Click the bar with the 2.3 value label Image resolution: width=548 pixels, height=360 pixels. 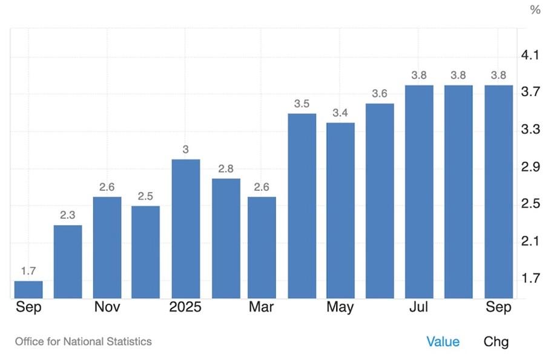click(x=68, y=262)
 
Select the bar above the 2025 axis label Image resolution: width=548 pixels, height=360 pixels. click(x=185, y=229)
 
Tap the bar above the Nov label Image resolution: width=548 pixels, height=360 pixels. click(x=107, y=247)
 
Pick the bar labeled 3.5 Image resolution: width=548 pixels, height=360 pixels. click(x=302, y=206)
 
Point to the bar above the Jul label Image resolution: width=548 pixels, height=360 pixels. click(x=419, y=192)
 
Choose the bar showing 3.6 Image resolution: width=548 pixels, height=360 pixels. click(x=380, y=201)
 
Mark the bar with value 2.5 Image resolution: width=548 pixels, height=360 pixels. click(x=146, y=252)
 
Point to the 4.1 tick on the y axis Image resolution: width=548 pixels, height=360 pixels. click(x=530, y=56)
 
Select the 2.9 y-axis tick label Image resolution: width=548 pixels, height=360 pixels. click(x=530, y=167)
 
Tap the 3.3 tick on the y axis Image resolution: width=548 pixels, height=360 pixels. click(x=530, y=130)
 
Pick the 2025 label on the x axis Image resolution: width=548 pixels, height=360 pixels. click(x=185, y=307)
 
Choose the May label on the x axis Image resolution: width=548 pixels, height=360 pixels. click(x=340, y=307)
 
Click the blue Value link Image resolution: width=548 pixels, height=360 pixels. click(x=443, y=342)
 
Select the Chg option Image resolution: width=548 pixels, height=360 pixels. click(x=496, y=342)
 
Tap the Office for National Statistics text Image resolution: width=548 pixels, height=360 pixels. click(x=84, y=342)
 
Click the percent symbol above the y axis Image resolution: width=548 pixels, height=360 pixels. click(x=535, y=10)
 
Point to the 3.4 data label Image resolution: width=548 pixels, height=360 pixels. click(x=340, y=113)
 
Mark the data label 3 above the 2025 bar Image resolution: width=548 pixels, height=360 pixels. click(x=185, y=149)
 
